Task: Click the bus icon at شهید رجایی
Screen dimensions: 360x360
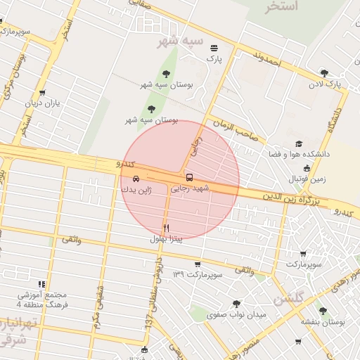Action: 188,177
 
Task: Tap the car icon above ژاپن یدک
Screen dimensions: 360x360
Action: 135,179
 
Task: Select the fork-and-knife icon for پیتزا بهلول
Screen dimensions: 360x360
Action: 167,228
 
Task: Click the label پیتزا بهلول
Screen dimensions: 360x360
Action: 166,239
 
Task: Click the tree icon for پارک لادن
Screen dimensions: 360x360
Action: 323,72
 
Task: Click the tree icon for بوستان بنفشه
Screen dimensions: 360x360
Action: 323,310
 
